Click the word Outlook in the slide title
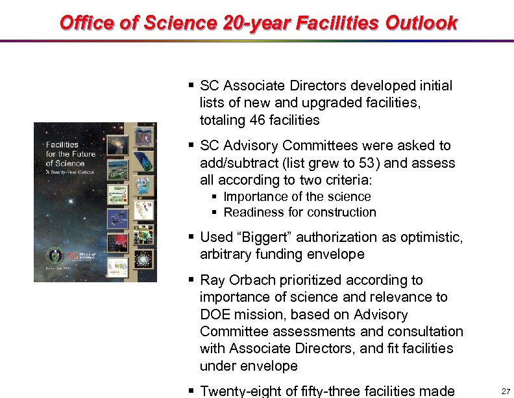pyautogui.click(x=421, y=23)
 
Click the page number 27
pyautogui.click(x=506, y=391)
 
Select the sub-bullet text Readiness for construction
pyautogui.click(x=300, y=212)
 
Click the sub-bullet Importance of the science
pyautogui.click(x=297, y=196)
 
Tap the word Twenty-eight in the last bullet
pyautogui.click(x=238, y=391)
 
